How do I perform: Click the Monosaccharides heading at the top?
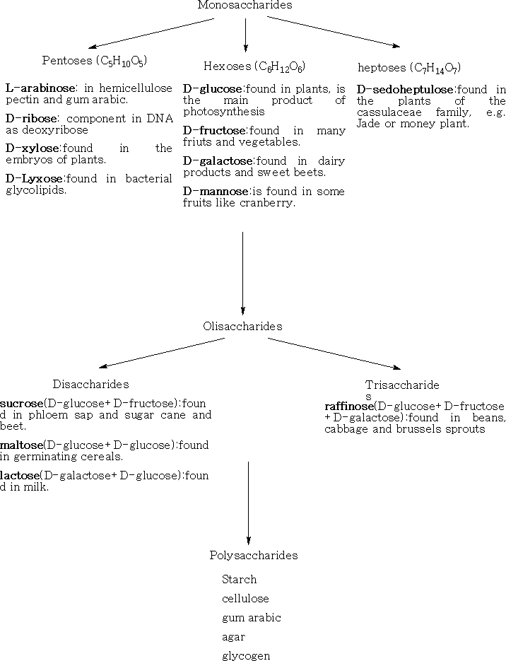click(x=245, y=5)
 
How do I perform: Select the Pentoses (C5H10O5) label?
click(x=95, y=61)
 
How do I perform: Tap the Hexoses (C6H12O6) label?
click(x=254, y=66)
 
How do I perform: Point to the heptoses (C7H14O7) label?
click(x=409, y=68)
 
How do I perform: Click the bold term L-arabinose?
click(x=40, y=88)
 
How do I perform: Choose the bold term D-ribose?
click(x=31, y=119)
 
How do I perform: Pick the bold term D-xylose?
click(x=33, y=148)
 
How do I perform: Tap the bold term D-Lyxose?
click(x=34, y=179)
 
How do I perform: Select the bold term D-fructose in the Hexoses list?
click(x=214, y=131)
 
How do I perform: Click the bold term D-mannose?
click(x=216, y=192)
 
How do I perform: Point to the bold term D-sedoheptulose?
click(x=405, y=89)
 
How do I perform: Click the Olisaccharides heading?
click(x=242, y=327)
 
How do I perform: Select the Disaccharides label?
click(x=90, y=385)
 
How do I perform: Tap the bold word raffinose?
click(x=349, y=406)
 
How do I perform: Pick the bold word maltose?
click(x=21, y=445)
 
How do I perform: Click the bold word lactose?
click(x=20, y=476)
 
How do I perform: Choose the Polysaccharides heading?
click(x=254, y=556)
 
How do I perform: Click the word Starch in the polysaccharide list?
click(x=240, y=580)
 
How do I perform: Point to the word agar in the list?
click(x=233, y=638)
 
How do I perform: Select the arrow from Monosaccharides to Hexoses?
click(x=246, y=35)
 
